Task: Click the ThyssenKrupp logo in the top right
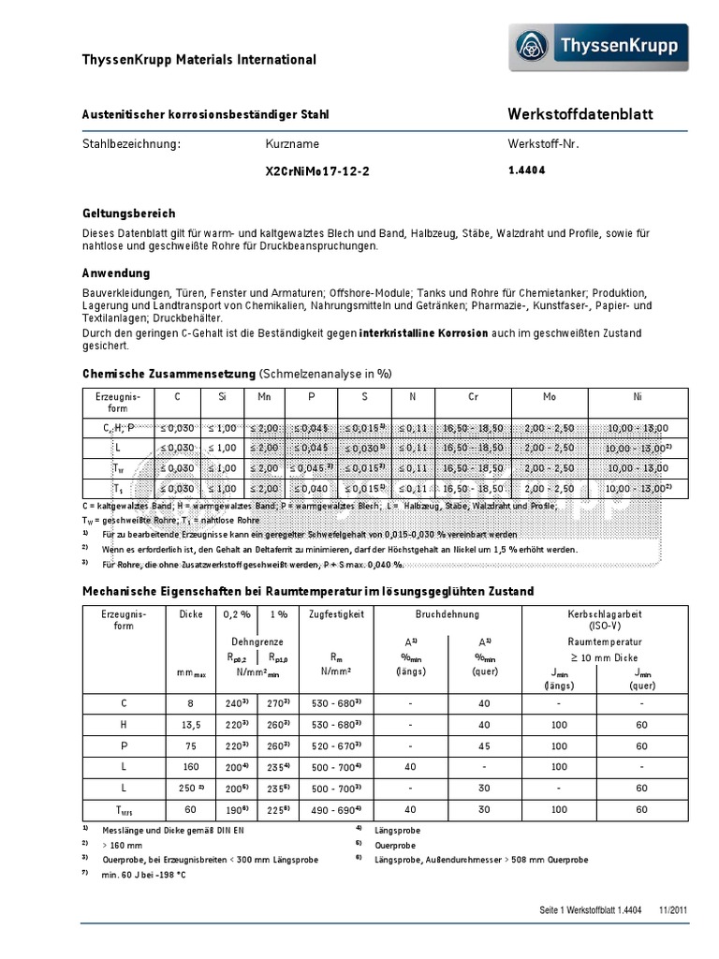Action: pyautogui.click(x=598, y=48)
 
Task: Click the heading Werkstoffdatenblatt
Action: pyautogui.click(x=580, y=114)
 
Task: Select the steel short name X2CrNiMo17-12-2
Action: pyautogui.click(x=311, y=171)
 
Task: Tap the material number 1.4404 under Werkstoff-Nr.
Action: pyautogui.click(x=526, y=170)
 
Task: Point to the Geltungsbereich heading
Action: pyautogui.click(x=129, y=214)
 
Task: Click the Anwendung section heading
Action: pyautogui.click(x=116, y=273)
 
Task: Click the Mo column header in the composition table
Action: pyautogui.click(x=549, y=397)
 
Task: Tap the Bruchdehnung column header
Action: pyautogui.click(x=447, y=614)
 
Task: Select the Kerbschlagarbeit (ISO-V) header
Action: pyautogui.click(x=604, y=619)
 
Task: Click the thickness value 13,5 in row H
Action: pyautogui.click(x=190, y=725)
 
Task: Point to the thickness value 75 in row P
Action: pyautogui.click(x=190, y=746)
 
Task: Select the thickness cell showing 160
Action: pyautogui.click(x=190, y=767)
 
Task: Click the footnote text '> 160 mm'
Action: pyautogui.click(x=125, y=845)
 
